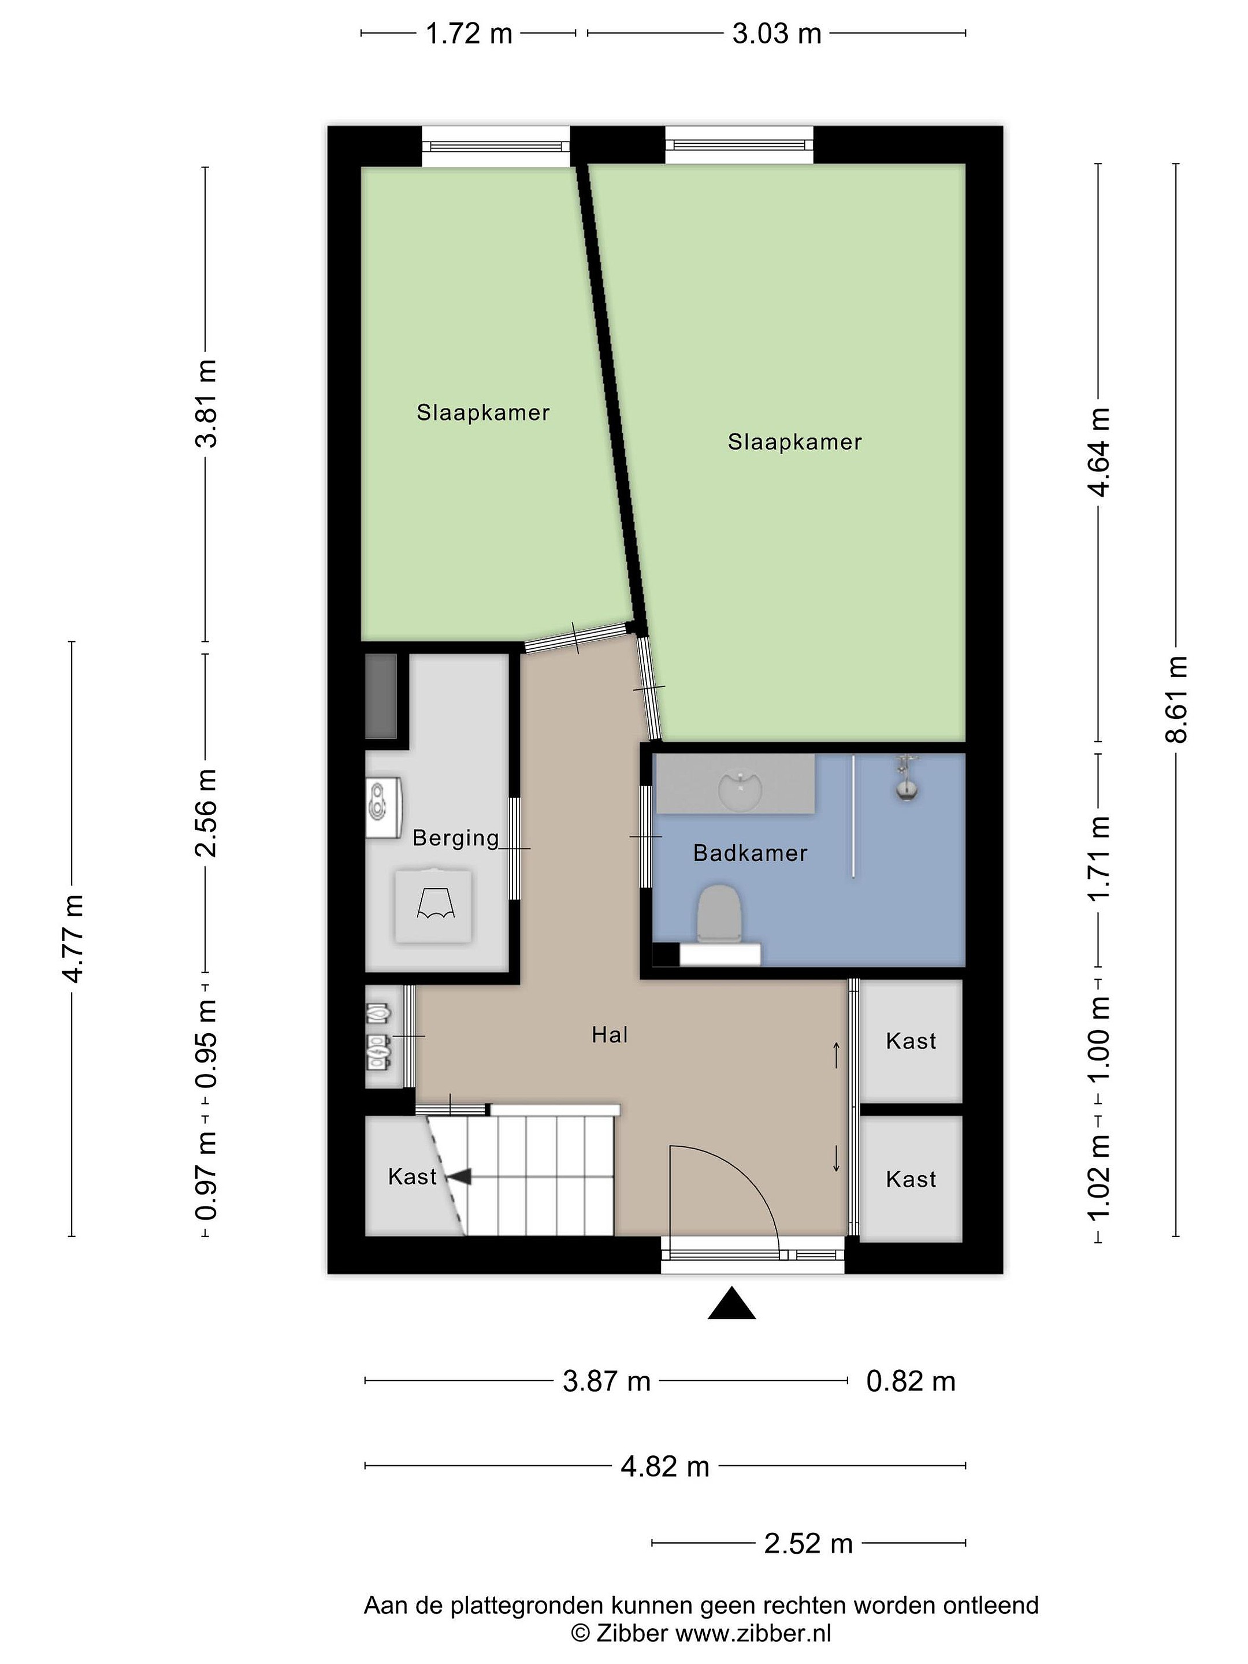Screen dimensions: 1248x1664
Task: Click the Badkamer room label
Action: tap(750, 853)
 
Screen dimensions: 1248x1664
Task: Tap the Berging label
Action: tap(456, 838)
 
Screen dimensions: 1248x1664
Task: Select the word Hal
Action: tap(610, 1035)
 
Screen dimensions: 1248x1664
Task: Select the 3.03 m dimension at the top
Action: tap(777, 34)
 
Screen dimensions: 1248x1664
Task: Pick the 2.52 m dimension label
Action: tap(809, 1544)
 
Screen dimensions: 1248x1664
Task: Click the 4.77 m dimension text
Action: tap(73, 939)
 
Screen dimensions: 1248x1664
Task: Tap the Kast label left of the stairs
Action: tap(412, 1176)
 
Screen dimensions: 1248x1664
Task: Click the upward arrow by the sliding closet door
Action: tap(837, 1054)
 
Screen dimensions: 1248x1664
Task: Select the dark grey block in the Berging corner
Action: tap(381, 696)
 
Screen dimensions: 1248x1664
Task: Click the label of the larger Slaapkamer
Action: tap(794, 441)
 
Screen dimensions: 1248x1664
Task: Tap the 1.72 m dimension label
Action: tap(469, 34)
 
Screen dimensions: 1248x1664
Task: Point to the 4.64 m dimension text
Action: tap(1099, 452)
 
